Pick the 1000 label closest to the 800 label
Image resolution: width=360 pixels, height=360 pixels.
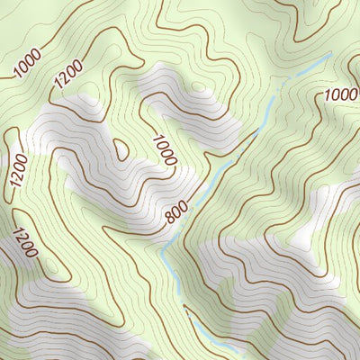click(165, 150)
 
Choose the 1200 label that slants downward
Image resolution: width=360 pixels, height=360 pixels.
click(24, 243)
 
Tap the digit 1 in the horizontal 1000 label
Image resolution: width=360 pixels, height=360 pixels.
click(327, 95)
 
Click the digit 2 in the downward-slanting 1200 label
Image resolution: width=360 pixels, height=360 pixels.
click(22, 238)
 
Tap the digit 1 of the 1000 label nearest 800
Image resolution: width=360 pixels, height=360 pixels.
click(157, 139)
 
